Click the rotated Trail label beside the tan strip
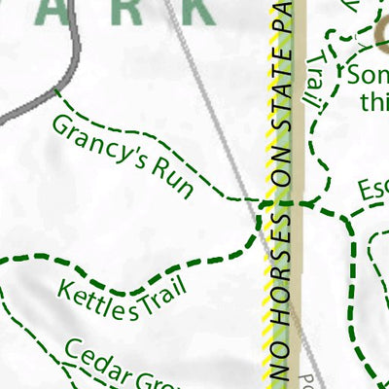tap(314, 83)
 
